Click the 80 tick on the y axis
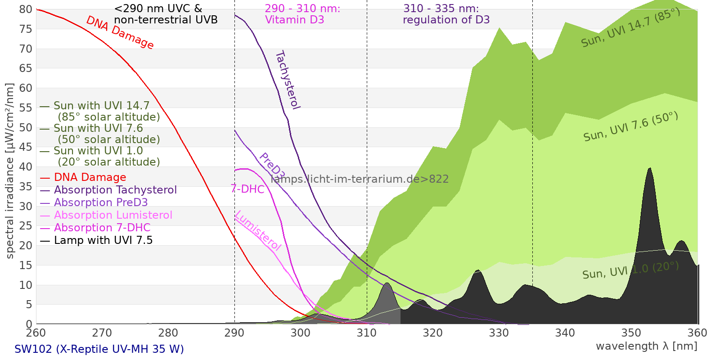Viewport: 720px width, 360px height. coord(26,9)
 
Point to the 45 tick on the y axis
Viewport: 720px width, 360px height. coord(26,147)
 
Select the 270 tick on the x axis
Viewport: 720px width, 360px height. coord(102,333)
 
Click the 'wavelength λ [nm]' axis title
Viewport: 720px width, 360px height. coord(646,346)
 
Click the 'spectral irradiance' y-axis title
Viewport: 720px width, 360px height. coord(10,171)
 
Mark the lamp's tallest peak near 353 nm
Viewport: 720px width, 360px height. coord(649,169)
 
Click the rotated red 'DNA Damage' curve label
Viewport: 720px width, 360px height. coord(120,32)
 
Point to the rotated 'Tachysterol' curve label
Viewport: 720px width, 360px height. coord(287,80)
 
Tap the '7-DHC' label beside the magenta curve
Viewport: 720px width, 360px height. coord(247,189)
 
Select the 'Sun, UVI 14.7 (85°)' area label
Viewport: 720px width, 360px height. coord(630,28)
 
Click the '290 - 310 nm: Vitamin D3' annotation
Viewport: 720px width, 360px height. coord(302,14)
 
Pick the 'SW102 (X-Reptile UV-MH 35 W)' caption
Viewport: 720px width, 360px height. coord(99,349)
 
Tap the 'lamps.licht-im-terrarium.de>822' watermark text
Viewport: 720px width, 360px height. coord(360,179)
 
